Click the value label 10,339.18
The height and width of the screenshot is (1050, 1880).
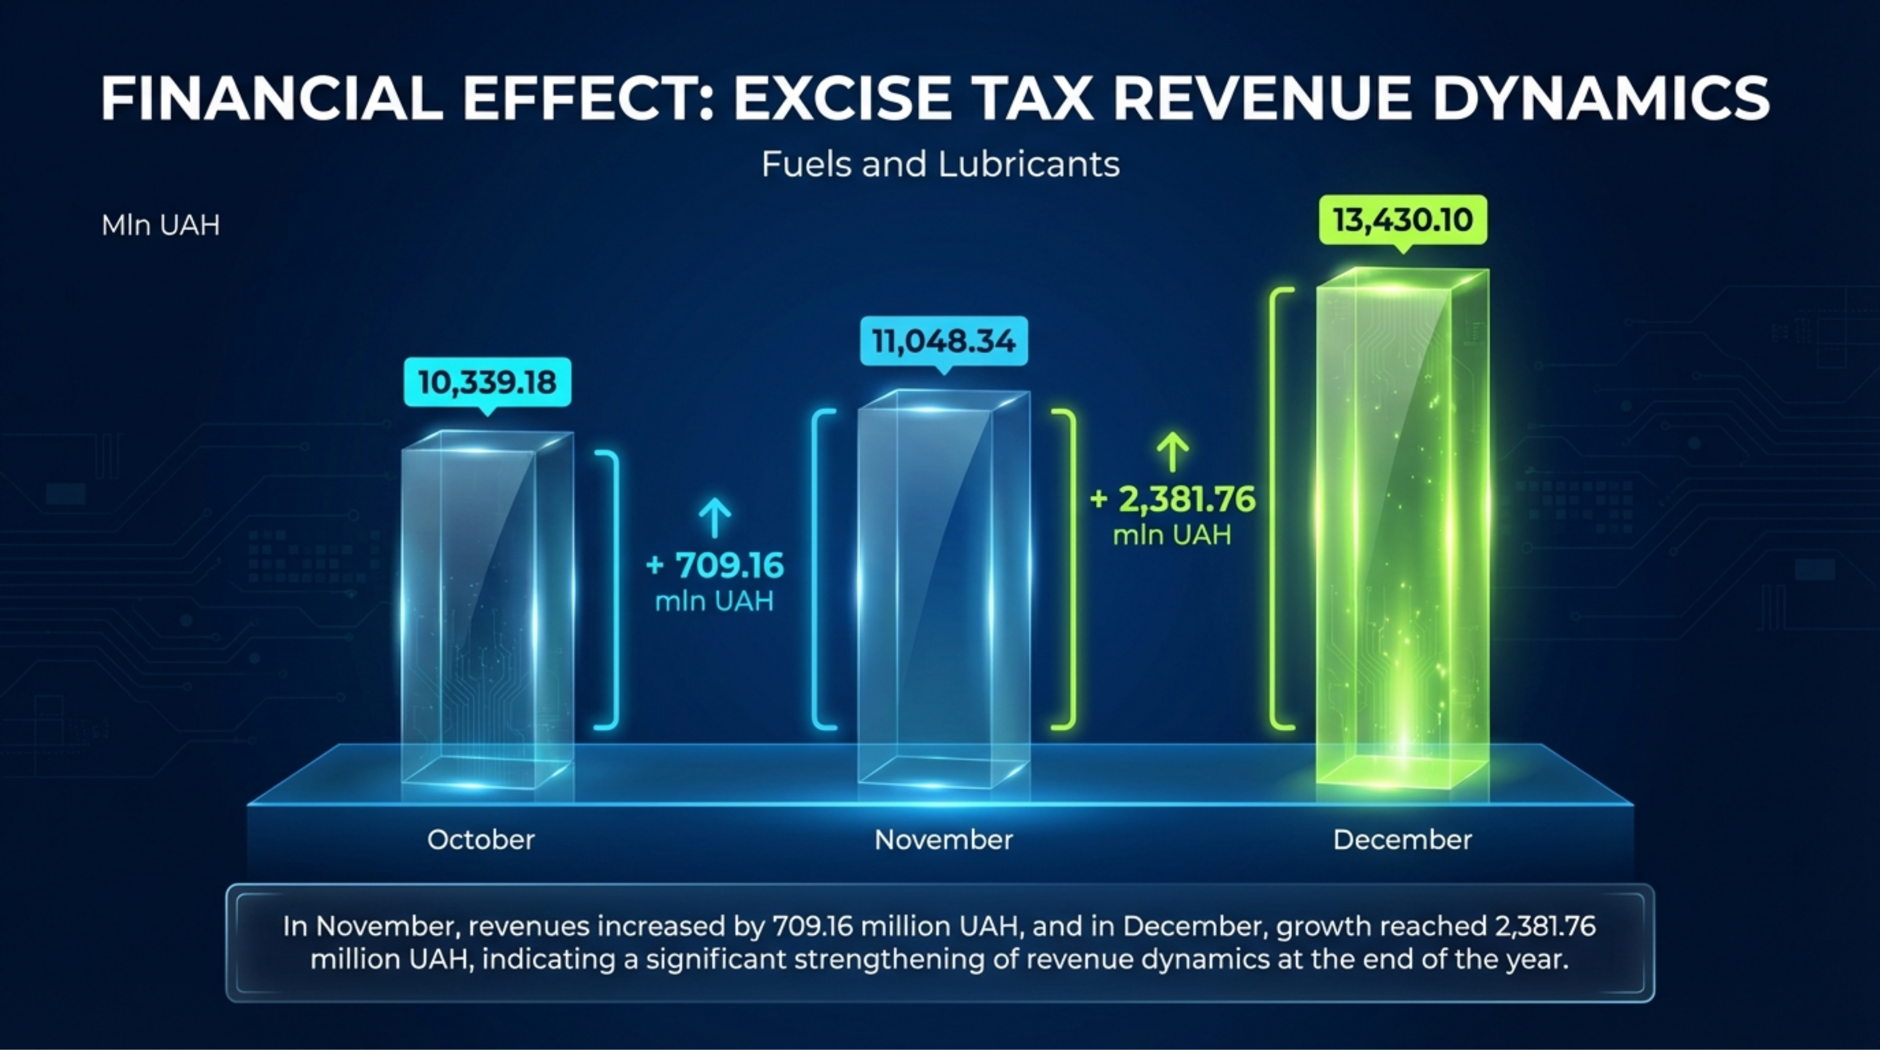pos(487,382)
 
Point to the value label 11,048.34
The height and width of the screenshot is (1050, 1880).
pos(944,341)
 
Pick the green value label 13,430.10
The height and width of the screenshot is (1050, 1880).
pos(1402,220)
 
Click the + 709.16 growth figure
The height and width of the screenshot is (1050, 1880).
pos(715,566)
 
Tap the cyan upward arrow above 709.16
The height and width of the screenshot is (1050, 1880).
pos(714,517)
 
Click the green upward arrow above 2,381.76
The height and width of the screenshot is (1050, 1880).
pos(1173,451)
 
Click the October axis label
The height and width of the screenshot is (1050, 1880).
pos(481,840)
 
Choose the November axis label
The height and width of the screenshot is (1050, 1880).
pos(944,840)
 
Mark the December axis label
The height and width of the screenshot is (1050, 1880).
pos(1402,840)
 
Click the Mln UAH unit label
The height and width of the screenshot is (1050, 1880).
pos(160,225)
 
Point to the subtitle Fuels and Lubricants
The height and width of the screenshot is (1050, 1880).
pos(940,164)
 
